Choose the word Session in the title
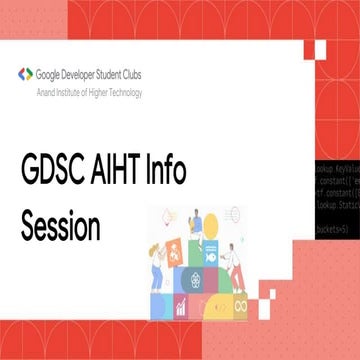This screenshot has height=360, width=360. (60, 227)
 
